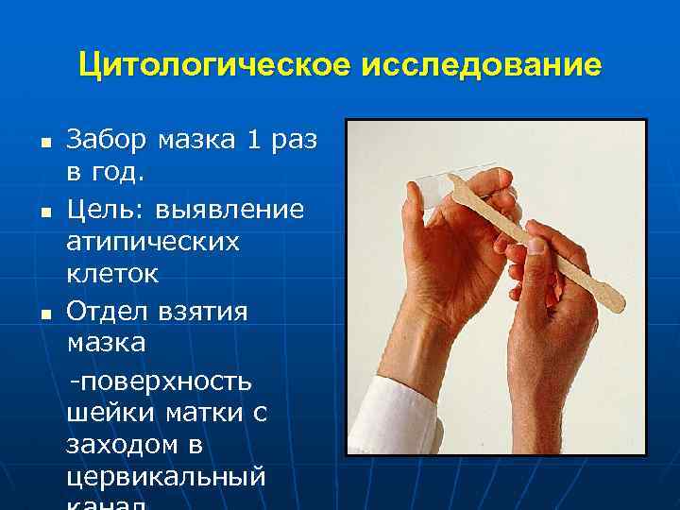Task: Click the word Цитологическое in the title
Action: tap(214, 65)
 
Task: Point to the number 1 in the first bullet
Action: tap(252, 141)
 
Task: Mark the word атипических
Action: tap(153, 242)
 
